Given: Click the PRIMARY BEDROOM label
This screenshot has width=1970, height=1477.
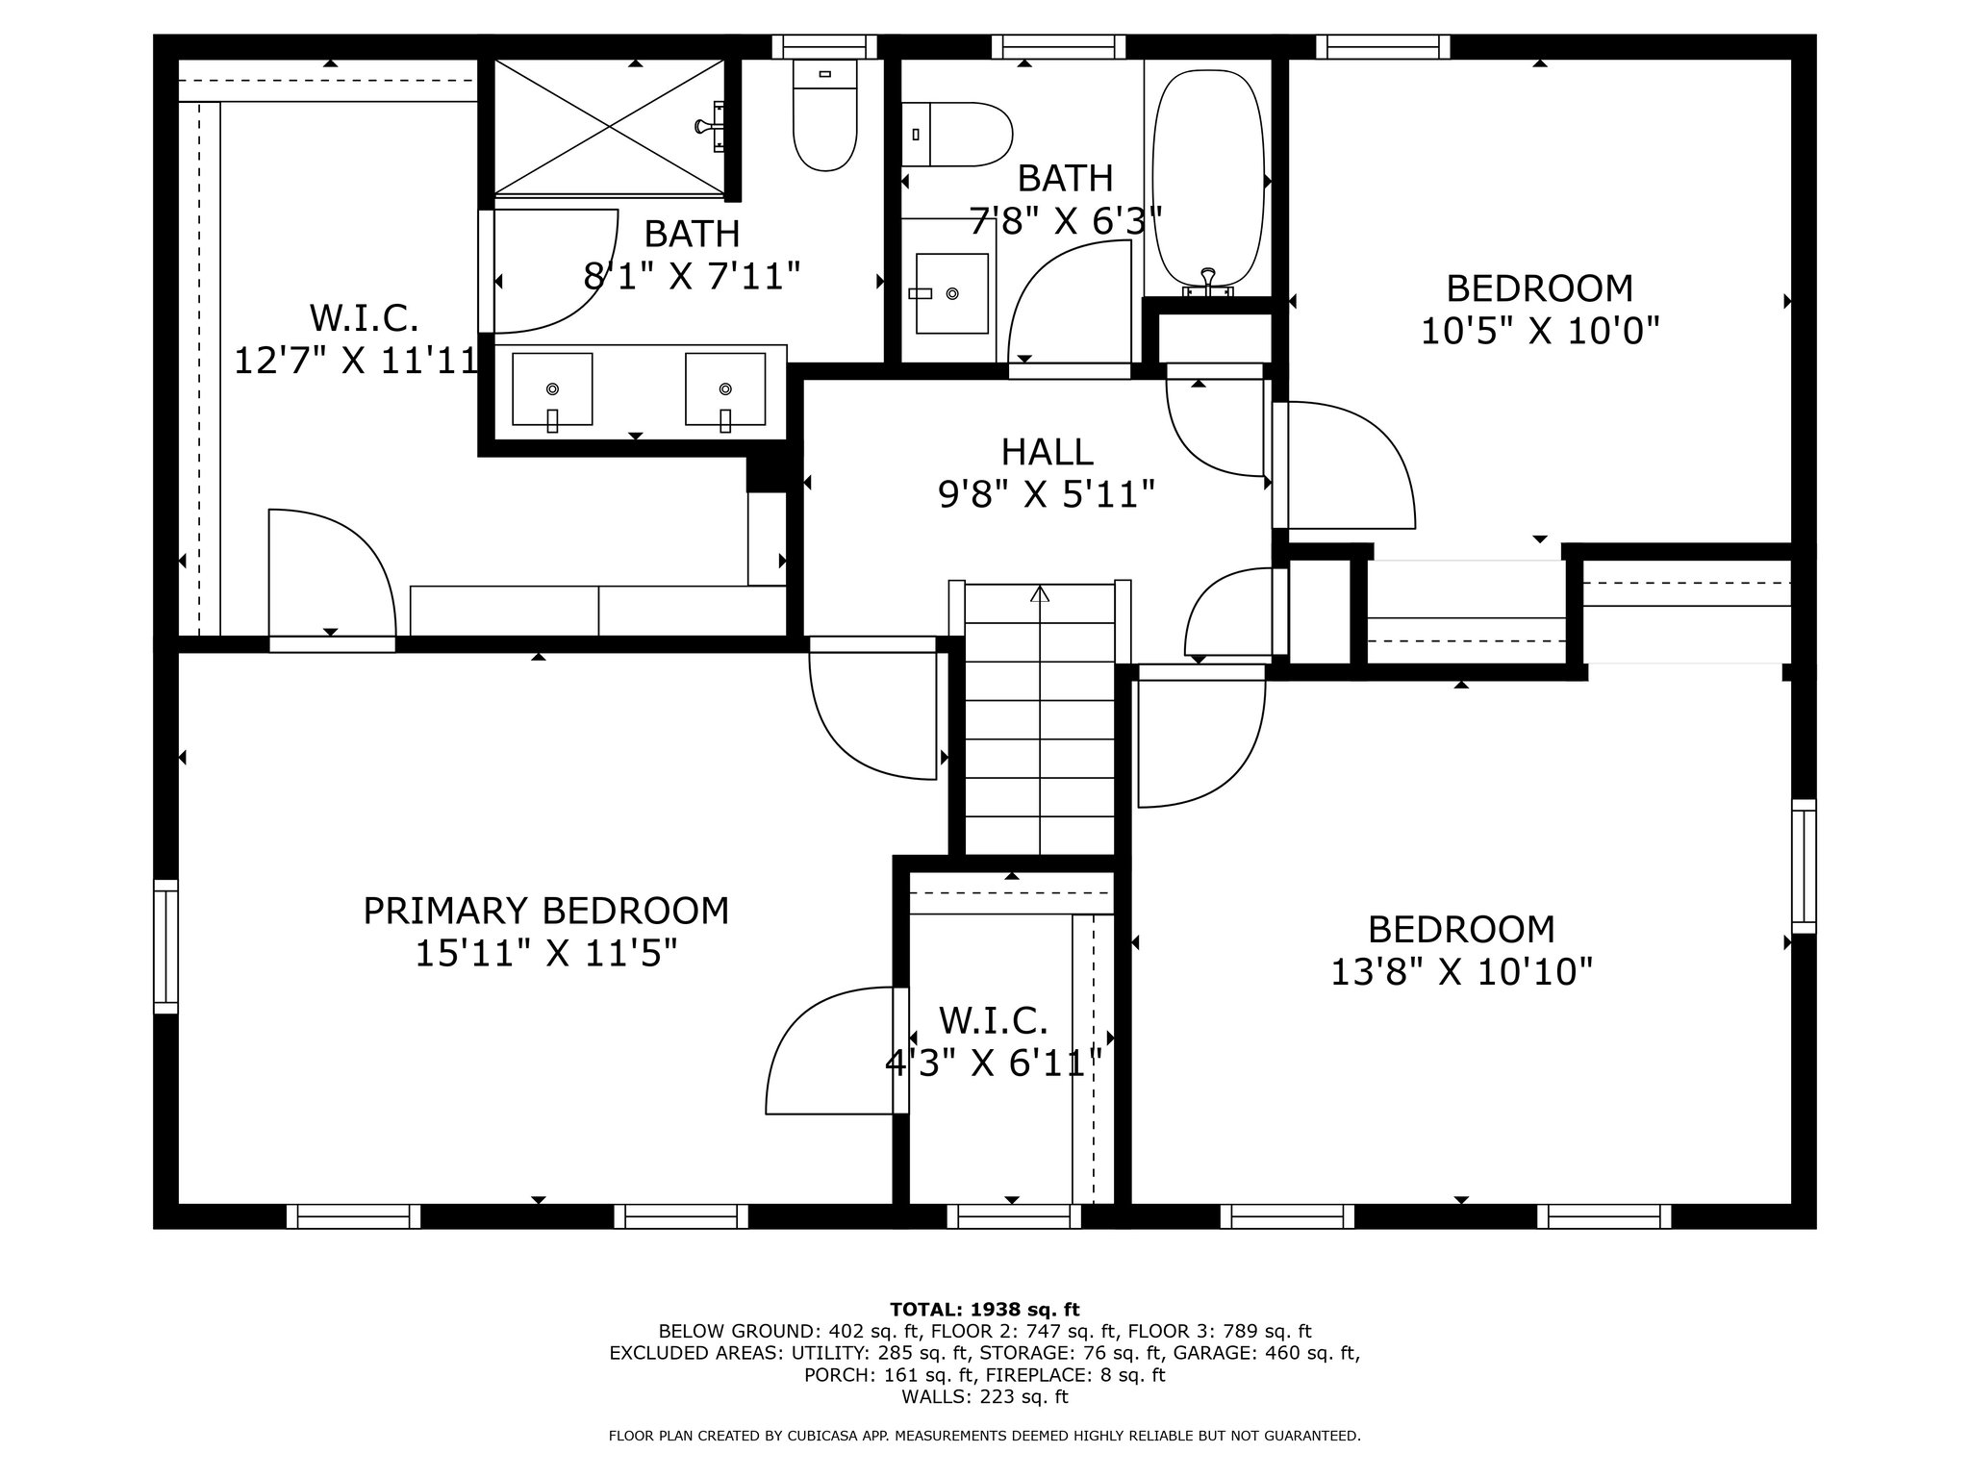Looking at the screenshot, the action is (x=545, y=911).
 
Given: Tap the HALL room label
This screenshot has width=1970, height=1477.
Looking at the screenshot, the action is (x=1047, y=452).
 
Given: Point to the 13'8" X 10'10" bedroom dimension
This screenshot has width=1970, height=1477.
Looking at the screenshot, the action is (x=1461, y=972).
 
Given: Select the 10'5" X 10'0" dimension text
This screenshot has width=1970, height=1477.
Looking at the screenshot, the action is (x=1540, y=332).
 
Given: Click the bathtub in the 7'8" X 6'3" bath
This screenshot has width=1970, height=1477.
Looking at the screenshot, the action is (x=1208, y=182).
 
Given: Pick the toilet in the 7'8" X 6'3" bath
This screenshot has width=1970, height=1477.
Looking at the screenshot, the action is (x=957, y=135).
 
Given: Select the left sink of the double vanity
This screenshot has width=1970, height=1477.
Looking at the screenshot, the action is (x=552, y=389).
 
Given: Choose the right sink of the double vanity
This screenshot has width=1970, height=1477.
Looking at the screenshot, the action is (x=725, y=389).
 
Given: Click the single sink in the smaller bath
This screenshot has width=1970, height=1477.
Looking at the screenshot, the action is (x=951, y=293).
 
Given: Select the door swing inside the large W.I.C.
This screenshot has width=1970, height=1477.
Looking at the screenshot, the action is (x=332, y=573).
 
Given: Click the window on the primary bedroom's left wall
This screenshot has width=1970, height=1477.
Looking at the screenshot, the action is (x=166, y=946).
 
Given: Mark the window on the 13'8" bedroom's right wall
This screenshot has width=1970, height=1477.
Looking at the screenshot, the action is (x=1804, y=866).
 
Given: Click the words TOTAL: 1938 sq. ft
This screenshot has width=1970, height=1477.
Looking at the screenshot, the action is (x=985, y=1309).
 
